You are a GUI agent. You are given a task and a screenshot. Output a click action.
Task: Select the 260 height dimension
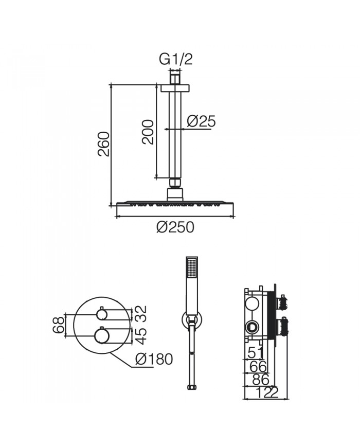(x=103, y=145)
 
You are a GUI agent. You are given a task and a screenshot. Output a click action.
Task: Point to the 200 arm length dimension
(x=148, y=132)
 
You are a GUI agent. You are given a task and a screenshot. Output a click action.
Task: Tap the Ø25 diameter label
(x=201, y=121)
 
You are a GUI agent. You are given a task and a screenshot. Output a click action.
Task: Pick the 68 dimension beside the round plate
(x=60, y=325)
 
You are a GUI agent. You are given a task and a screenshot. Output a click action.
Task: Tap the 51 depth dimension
(x=256, y=353)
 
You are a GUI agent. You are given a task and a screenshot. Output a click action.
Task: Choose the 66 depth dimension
(x=257, y=366)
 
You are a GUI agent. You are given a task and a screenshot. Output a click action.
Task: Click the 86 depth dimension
(x=258, y=380)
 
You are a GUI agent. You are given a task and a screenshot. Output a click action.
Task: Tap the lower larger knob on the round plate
(x=102, y=335)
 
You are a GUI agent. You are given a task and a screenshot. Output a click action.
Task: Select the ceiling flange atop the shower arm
(x=175, y=88)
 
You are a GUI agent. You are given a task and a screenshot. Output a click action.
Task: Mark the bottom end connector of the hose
(x=192, y=386)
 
